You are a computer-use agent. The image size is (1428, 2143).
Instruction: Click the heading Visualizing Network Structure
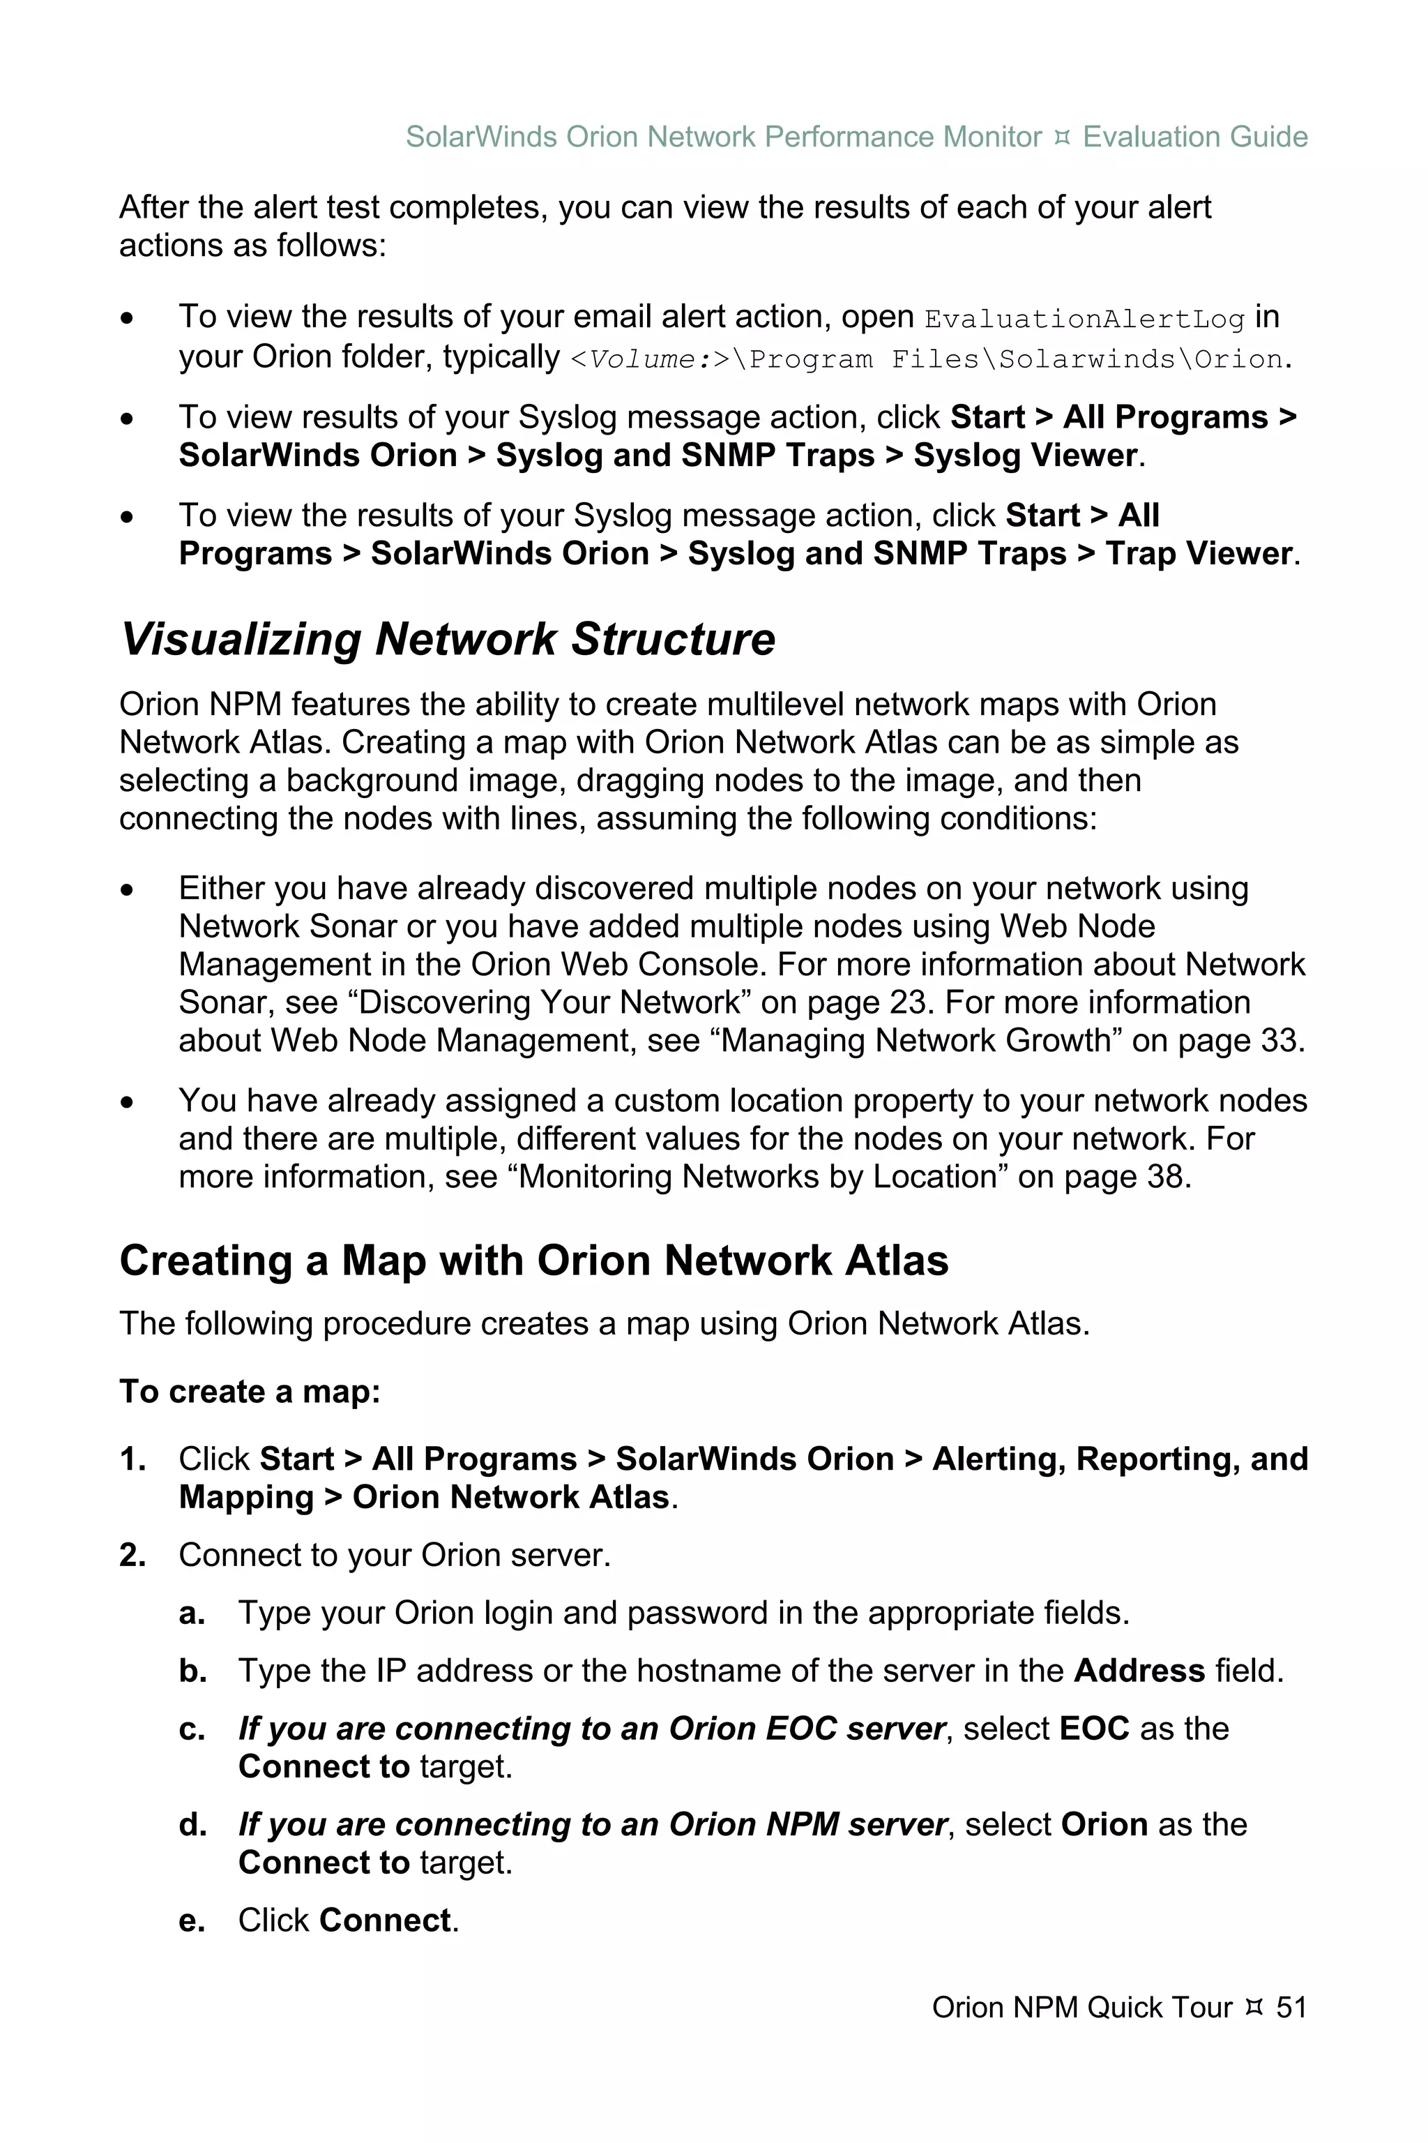[x=447, y=639]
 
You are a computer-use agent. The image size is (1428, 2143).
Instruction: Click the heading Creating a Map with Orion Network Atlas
[x=533, y=1261]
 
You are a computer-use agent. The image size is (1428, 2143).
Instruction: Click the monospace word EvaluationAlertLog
[x=1084, y=319]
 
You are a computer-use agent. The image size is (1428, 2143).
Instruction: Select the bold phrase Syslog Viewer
[x=1026, y=455]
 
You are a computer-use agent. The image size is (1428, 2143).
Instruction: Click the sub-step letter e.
[x=191, y=1920]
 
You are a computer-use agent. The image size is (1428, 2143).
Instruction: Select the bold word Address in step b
[x=1139, y=1670]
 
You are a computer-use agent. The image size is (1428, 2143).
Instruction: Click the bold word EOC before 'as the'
[x=1095, y=1729]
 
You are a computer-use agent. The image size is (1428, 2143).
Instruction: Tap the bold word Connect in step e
[x=385, y=1920]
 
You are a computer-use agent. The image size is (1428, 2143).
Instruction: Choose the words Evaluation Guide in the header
[x=1195, y=137]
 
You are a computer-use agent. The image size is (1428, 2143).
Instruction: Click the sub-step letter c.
[x=191, y=1729]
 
